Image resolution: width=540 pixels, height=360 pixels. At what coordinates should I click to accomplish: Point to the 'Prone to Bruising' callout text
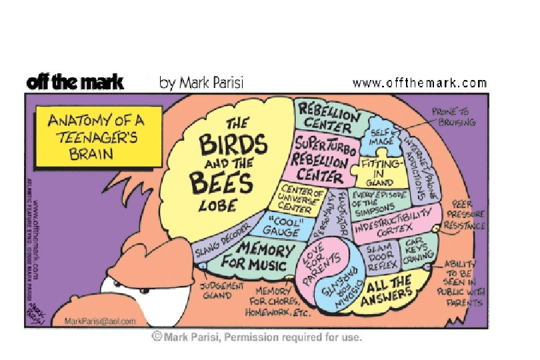453,117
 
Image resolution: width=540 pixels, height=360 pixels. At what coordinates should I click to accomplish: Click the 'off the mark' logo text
75,82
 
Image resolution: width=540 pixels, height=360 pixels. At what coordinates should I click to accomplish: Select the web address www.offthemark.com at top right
419,83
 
